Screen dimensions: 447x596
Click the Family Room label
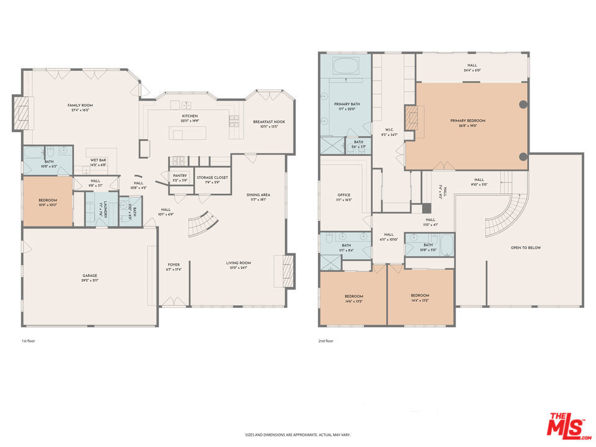(80, 106)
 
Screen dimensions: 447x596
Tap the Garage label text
(90, 276)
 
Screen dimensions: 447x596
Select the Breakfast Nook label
(269, 122)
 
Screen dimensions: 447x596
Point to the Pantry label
(180, 176)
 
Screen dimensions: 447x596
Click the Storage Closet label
(212, 178)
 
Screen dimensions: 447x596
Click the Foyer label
(173, 264)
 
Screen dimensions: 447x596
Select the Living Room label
(238, 263)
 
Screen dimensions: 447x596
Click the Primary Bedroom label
(467, 120)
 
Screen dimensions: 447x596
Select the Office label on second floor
(343, 195)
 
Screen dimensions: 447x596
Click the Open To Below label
(525, 248)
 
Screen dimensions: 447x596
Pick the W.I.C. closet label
(390, 130)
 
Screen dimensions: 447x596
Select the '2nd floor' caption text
(325, 341)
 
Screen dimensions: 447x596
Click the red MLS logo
(566, 425)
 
